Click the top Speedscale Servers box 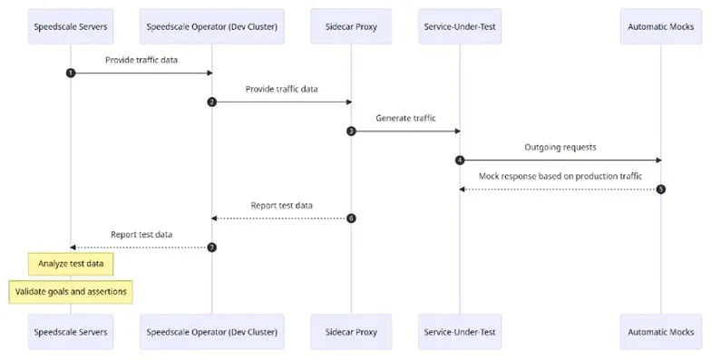click(x=71, y=27)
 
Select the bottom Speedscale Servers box click(x=71, y=332)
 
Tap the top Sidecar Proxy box click(x=351, y=27)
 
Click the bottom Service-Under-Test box click(x=460, y=332)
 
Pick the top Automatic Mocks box click(x=661, y=27)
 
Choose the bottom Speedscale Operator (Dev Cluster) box click(x=212, y=332)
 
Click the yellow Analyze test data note click(x=71, y=264)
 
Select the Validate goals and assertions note click(x=71, y=292)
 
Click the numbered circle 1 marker click(x=71, y=73)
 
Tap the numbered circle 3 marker click(x=351, y=131)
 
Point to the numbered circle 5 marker click(x=661, y=189)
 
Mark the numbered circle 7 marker click(x=212, y=247)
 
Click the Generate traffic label click(x=405, y=118)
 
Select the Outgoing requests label click(x=560, y=147)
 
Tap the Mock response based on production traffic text click(x=560, y=176)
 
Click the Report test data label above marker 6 click(x=281, y=205)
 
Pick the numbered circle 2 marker click(x=212, y=102)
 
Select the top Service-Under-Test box click(x=460, y=27)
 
